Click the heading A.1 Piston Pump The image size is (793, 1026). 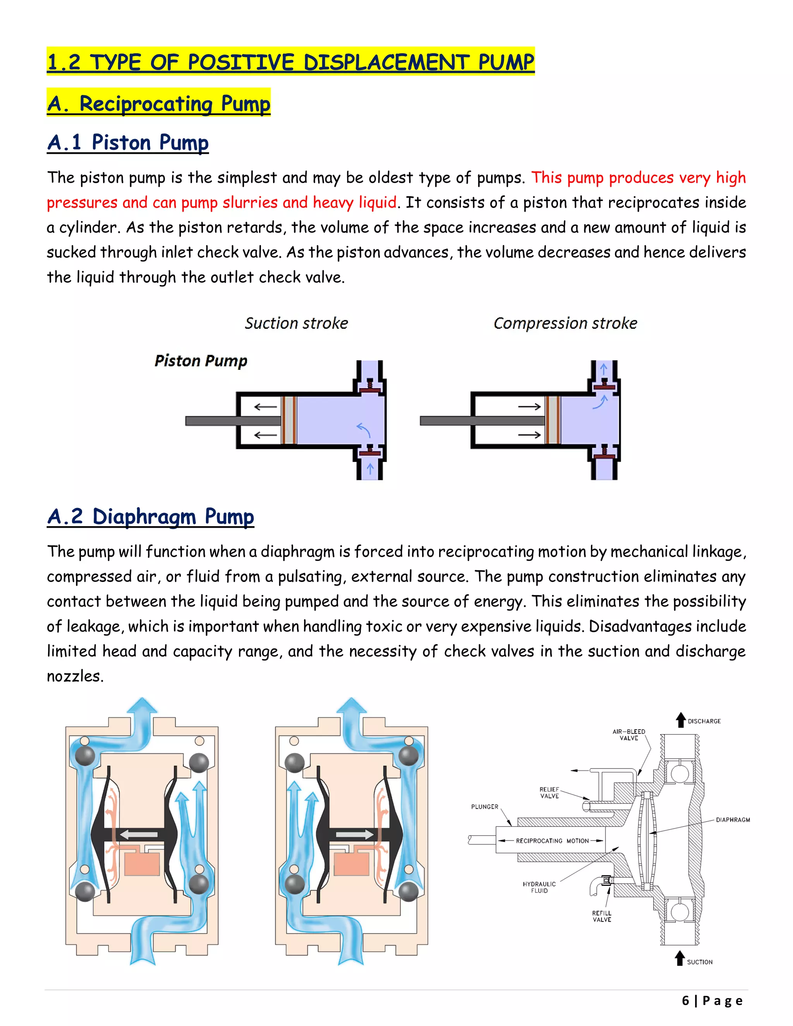tap(128, 142)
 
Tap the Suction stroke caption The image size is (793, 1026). tap(297, 323)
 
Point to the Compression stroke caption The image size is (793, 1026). tap(565, 323)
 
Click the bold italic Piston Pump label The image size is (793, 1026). tap(201, 361)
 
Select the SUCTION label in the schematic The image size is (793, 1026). tap(700, 962)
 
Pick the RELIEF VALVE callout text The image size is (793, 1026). tap(549, 793)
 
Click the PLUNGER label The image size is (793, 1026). tap(484, 806)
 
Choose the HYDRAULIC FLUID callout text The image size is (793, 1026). tap(539, 887)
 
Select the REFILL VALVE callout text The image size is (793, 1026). tap(601, 916)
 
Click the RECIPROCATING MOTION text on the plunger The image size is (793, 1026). tap(552, 841)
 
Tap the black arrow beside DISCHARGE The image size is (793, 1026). tap(680, 720)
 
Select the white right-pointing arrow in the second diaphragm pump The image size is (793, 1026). tap(355, 834)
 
